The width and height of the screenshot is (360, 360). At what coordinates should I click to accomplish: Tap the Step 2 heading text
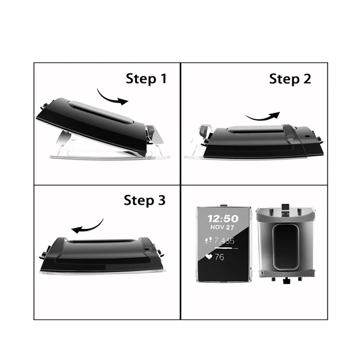click(x=290, y=79)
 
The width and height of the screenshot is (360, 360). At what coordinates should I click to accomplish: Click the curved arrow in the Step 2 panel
click(x=263, y=116)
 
